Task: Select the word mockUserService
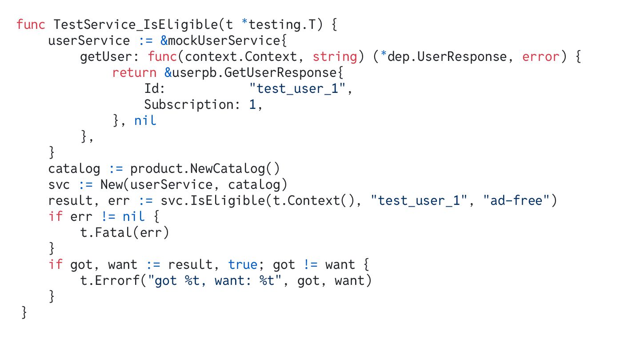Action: pyautogui.click(x=224, y=40)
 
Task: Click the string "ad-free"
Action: pyautogui.click(x=517, y=200)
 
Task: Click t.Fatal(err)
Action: pyautogui.click(x=124, y=232)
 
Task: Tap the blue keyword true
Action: pyautogui.click(x=242, y=264)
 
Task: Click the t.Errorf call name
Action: pyautogui.click(x=116, y=280)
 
